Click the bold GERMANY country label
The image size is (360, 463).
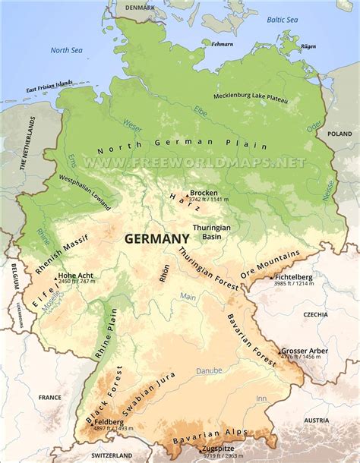[x=152, y=238]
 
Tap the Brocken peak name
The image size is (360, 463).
[x=204, y=193]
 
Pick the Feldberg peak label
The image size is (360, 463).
[x=110, y=420]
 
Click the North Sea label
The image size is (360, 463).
[x=65, y=50]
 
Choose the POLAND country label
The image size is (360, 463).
[x=339, y=133]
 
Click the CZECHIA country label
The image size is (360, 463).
[x=315, y=314]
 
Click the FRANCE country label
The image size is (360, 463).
[x=50, y=397]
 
